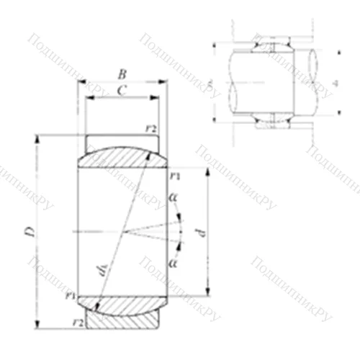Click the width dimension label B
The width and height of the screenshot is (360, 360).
122,73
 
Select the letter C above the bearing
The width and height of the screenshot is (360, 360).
122,90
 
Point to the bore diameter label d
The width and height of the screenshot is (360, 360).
202,232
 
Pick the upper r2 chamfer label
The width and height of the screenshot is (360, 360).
151,127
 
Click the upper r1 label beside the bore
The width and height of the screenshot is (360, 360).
176,175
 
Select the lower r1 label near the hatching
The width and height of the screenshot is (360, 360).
70,296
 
